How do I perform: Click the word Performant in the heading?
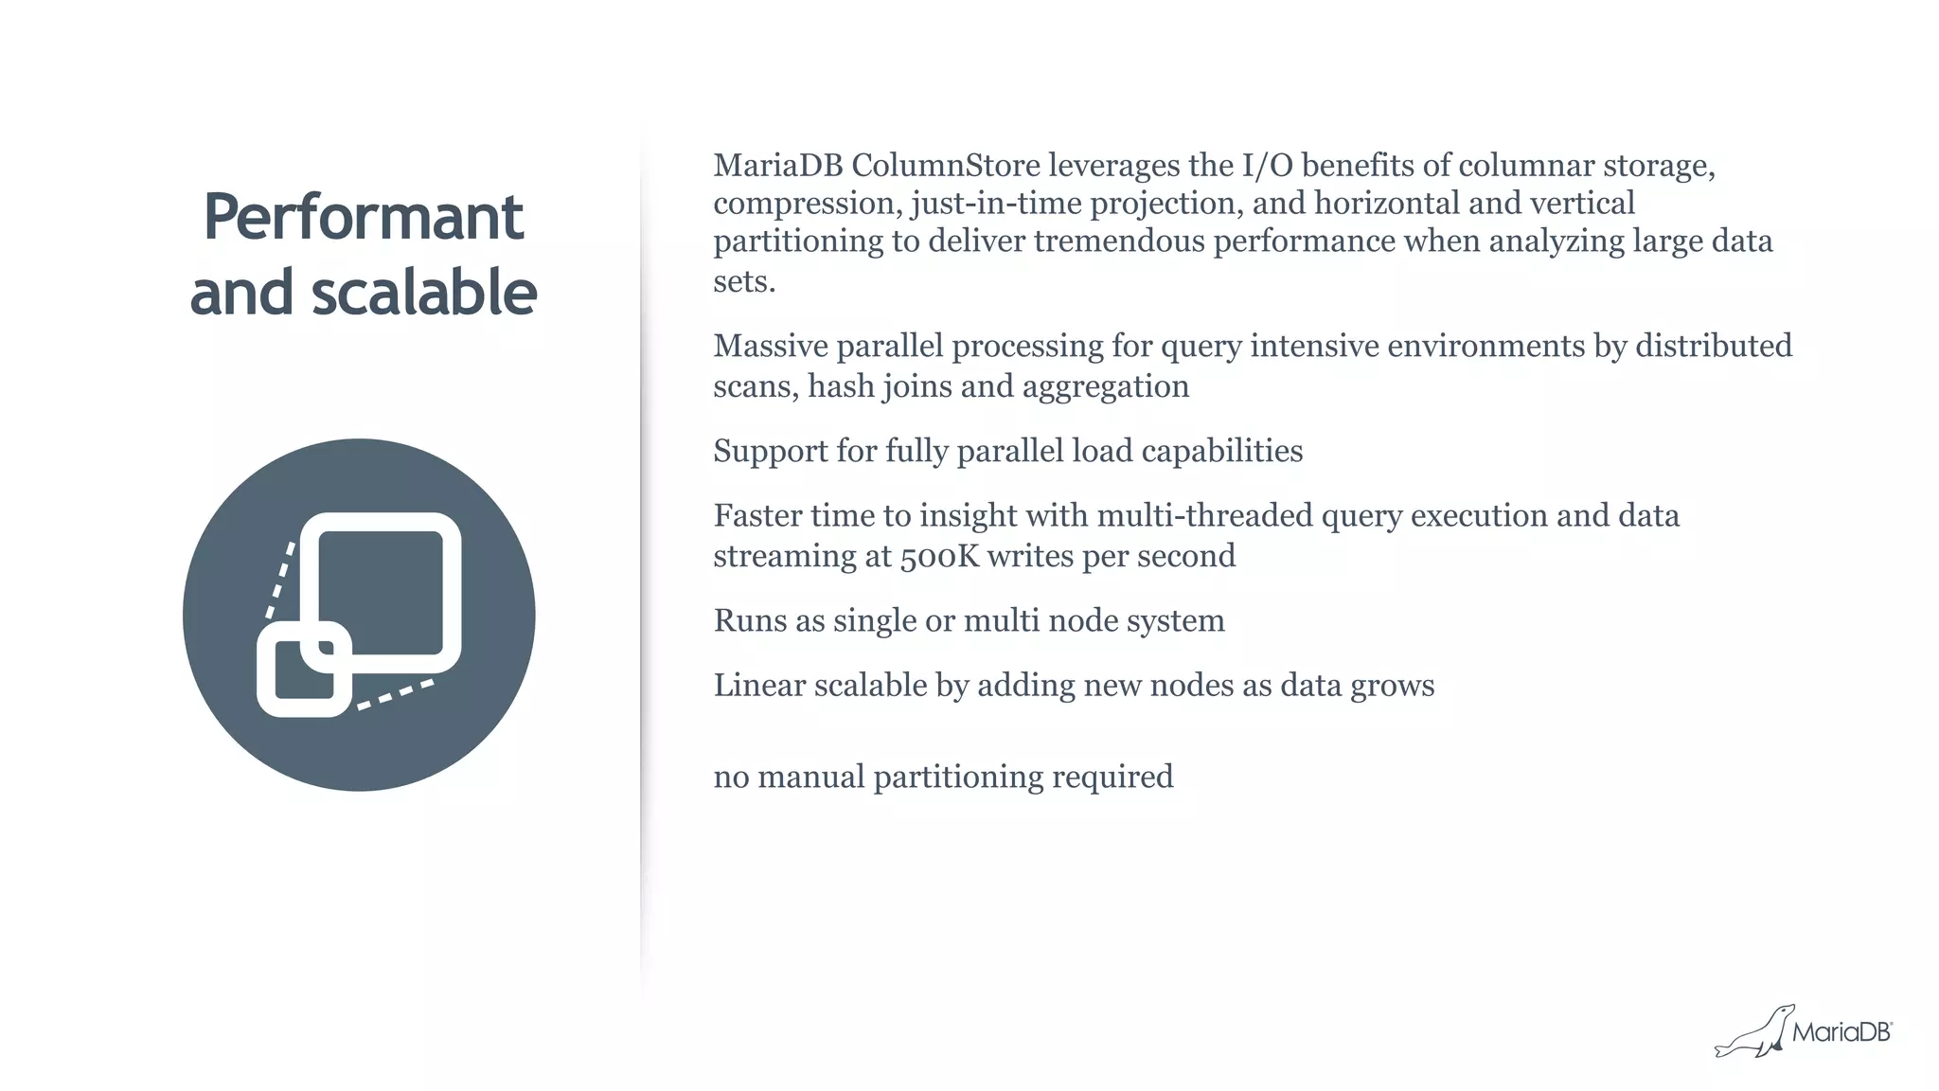[363, 217]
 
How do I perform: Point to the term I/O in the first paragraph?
[1267, 166]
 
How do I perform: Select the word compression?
[806, 204]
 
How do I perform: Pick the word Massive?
[770, 346]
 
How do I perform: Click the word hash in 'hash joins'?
[841, 386]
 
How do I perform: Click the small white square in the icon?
[304, 669]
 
